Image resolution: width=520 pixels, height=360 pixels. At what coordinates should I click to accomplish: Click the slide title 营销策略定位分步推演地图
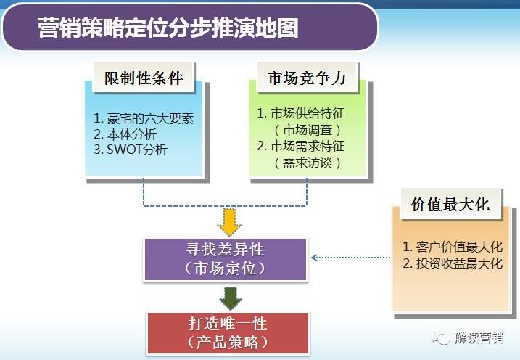168,28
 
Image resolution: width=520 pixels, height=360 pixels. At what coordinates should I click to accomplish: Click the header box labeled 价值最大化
450,204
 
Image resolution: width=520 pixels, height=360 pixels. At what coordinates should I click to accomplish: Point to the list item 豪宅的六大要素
144,118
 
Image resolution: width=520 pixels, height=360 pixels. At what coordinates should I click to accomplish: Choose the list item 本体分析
125,134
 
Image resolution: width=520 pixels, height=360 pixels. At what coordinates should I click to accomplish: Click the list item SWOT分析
131,150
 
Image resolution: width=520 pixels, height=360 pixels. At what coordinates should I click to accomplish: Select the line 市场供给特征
301,114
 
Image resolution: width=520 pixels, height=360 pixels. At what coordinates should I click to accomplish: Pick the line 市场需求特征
301,147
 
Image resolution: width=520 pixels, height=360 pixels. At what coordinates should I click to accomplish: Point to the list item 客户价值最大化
453,246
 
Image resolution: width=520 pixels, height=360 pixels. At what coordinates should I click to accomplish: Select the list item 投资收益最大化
453,263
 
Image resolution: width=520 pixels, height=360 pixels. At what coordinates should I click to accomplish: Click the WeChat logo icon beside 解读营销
440,338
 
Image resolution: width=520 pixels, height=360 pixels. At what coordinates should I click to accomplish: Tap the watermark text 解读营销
479,338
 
